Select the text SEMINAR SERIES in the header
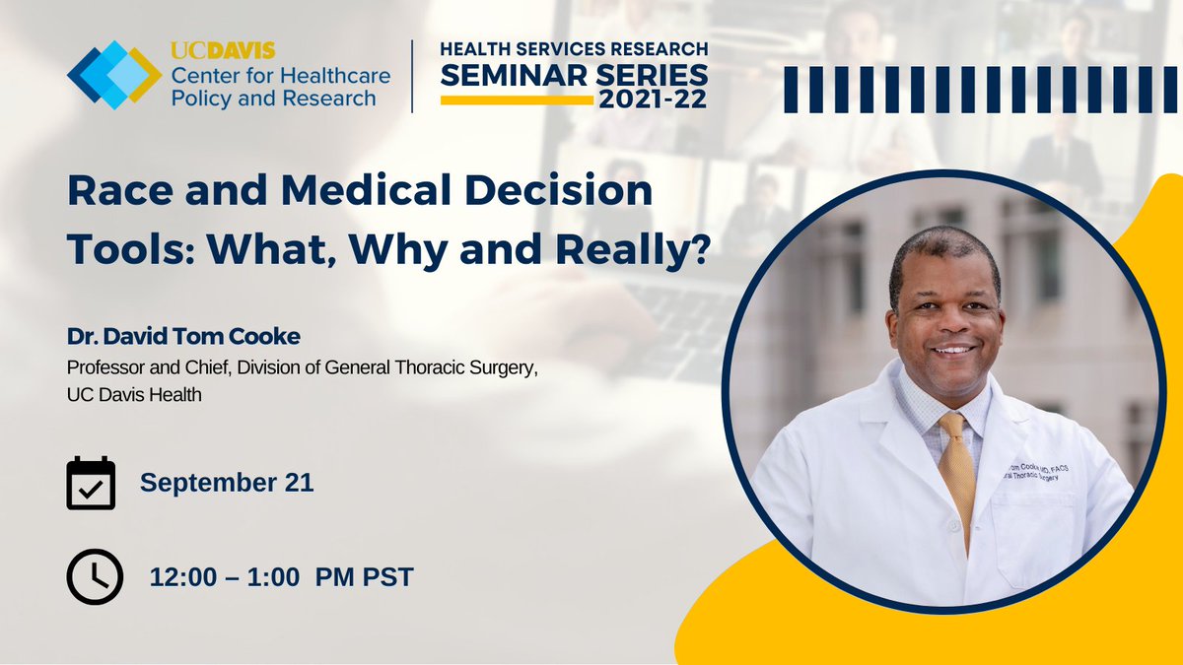(573, 75)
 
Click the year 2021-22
(651, 100)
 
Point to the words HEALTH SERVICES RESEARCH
(573, 49)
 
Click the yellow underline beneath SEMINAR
(517, 99)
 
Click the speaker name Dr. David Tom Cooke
(183, 337)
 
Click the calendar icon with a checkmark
(91, 484)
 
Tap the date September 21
(227, 483)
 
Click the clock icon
(95, 575)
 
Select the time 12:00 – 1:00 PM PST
(281, 576)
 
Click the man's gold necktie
(956, 463)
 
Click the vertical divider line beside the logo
(412, 77)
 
